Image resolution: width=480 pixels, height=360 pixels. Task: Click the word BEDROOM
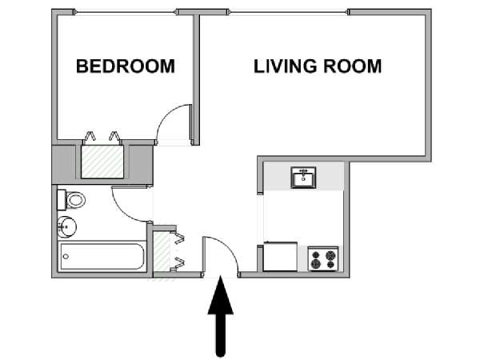(x=126, y=66)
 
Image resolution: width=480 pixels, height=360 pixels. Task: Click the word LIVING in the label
(x=285, y=66)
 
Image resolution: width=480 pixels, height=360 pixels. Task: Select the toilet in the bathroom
(x=71, y=200)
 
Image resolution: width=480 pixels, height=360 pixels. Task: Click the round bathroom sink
(x=66, y=227)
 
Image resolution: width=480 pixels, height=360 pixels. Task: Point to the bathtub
(x=102, y=257)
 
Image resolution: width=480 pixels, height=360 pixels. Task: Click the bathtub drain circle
(x=66, y=257)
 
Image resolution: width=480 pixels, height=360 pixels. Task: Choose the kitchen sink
(x=303, y=178)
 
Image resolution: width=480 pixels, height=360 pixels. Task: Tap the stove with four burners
(x=323, y=258)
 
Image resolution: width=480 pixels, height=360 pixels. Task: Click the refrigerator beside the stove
(x=280, y=257)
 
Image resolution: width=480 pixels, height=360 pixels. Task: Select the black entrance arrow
(x=221, y=316)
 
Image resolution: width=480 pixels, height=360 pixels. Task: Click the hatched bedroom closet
(x=102, y=162)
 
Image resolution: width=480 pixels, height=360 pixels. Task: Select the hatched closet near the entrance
(x=162, y=252)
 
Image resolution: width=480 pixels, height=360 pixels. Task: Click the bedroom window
(x=126, y=12)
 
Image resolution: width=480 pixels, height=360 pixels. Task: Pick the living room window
(x=289, y=12)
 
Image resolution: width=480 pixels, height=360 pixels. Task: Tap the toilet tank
(x=62, y=200)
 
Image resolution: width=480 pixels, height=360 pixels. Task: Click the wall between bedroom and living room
(x=196, y=78)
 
